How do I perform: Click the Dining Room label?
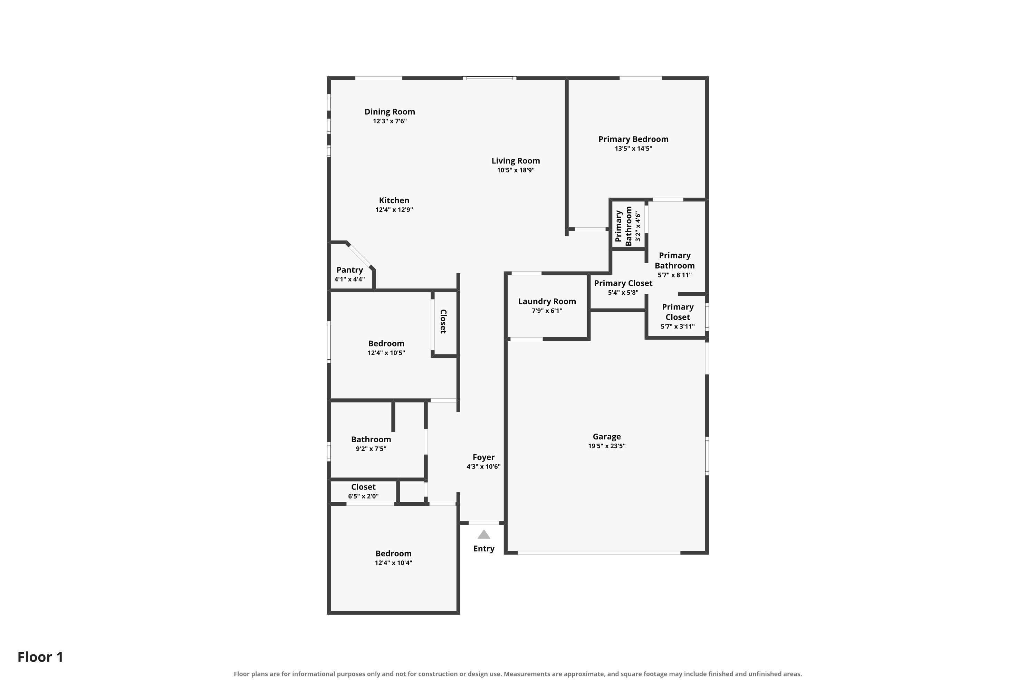390,112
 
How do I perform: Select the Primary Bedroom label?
633,139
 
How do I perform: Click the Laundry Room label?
547,301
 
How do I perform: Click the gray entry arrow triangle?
484,534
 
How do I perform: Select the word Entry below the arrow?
484,549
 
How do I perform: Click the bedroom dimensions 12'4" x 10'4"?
393,563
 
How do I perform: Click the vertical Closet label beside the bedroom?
443,321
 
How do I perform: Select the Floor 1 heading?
40,657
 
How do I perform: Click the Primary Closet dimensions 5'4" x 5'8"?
623,293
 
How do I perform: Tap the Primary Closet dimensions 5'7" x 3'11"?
678,326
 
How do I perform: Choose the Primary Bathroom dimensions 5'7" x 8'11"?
674,275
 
